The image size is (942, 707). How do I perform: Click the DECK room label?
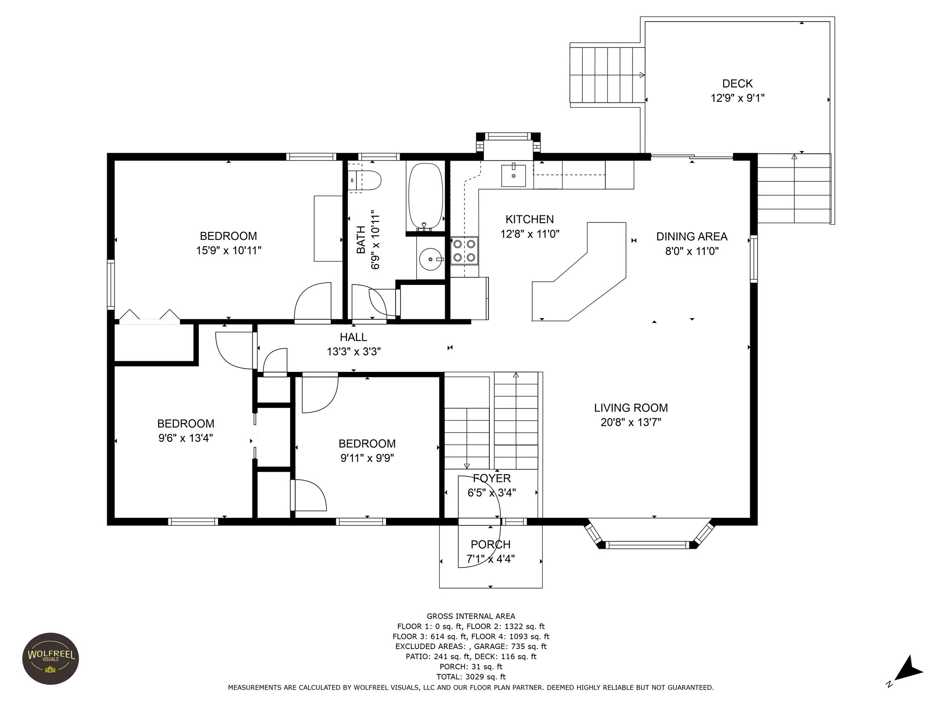pyautogui.click(x=737, y=84)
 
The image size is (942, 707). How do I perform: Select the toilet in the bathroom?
pyautogui.click(x=366, y=180)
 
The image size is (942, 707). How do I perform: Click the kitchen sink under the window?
pyautogui.click(x=513, y=175)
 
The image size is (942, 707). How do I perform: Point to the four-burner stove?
pyautogui.click(x=464, y=250)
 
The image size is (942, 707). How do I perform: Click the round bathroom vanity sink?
pyautogui.click(x=431, y=259)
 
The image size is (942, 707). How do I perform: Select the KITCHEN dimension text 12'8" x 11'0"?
pyautogui.click(x=529, y=234)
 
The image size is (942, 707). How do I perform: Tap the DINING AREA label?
pyautogui.click(x=691, y=237)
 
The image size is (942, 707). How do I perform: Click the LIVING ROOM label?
pyautogui.click(x=631, y=408)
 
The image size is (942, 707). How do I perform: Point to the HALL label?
pyautogui.click(x=353, y=337)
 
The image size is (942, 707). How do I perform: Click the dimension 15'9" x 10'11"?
pyautogui.click(x=229, y=251)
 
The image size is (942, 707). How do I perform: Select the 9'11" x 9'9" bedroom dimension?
pyautogui.click(x=367, y=458)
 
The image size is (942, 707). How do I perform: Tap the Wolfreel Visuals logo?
pyautogui.click(x=51, y=659)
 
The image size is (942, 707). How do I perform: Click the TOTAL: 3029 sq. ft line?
pyautogui.click(x=471, y=677)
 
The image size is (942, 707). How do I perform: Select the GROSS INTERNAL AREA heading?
pyautogui.click(x=471, y=616)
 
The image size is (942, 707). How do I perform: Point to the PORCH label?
pyautogui.click(x=490, y=545)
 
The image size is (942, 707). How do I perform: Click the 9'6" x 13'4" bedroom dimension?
pyautogui.click(x=185, y=438)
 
